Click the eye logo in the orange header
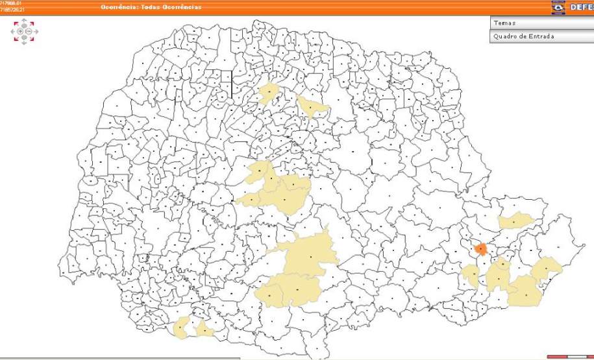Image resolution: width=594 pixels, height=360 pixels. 558,7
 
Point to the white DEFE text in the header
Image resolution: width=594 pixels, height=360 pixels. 582,7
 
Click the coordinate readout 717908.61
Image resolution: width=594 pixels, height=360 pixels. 11,3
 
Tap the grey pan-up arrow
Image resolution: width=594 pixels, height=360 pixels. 24,23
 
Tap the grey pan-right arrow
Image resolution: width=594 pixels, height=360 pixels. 35,31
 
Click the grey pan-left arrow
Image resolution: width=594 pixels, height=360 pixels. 14,31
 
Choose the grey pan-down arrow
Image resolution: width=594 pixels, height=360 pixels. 24,40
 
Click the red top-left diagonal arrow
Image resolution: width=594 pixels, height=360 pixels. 15,22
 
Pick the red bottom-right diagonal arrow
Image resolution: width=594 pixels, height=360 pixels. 33,40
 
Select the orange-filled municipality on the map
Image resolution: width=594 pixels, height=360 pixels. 480,248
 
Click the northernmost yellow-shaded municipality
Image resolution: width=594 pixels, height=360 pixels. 267,93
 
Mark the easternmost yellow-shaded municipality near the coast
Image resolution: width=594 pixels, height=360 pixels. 547,268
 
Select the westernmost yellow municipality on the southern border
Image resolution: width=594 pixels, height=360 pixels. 182,327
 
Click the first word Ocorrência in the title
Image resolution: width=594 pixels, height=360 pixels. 118,7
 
